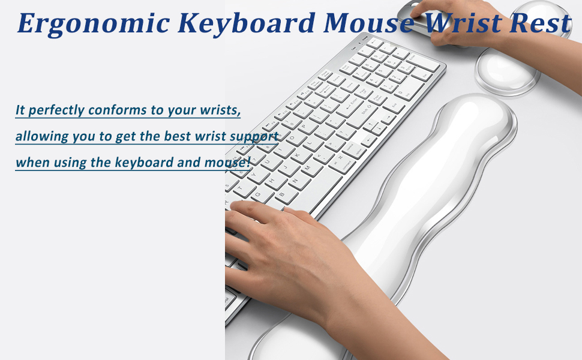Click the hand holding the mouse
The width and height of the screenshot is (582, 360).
point(462,24)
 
